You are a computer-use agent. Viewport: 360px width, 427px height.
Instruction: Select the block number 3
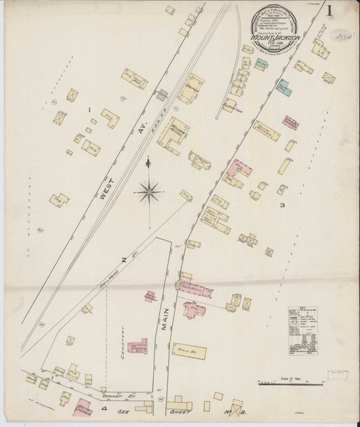pyautogui.click(x=282, y=206)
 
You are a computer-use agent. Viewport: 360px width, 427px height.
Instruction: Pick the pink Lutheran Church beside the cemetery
pyautogui.click(x=137, y=346)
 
